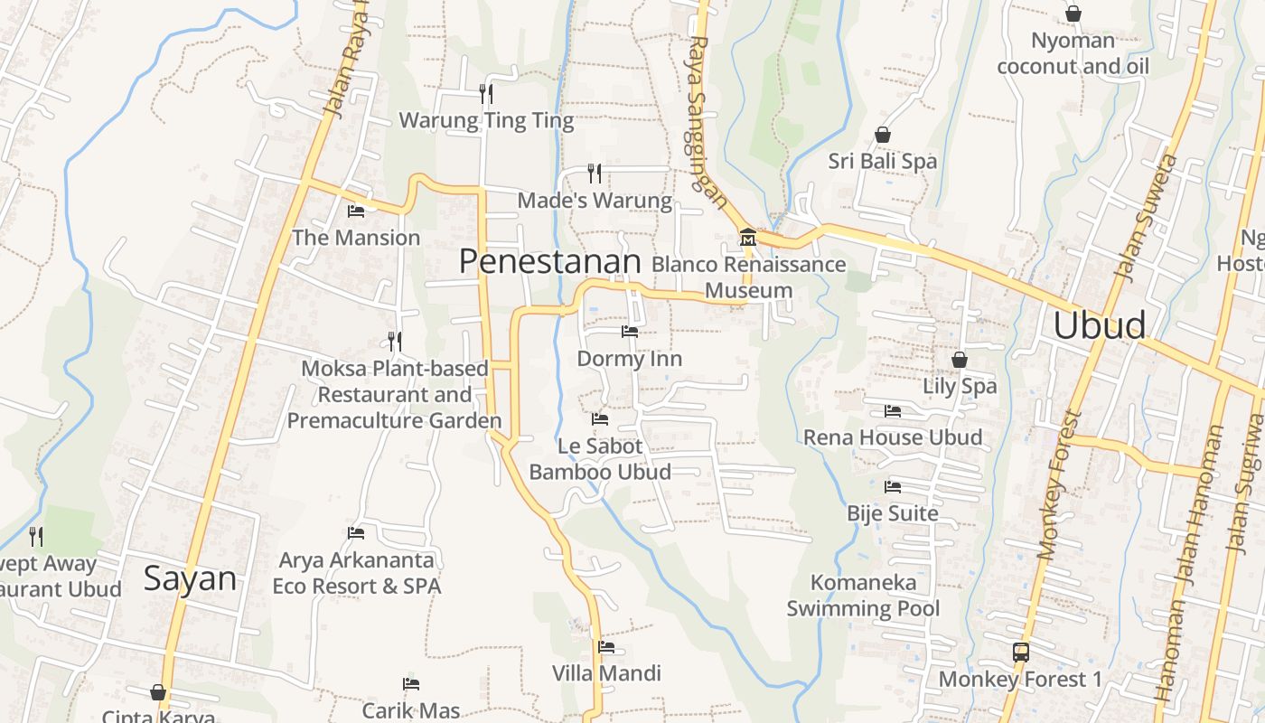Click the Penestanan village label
coord(549,262)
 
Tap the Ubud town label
coord(1100,325)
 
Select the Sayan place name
coord(190,578)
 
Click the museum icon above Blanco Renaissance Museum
coord(748,239)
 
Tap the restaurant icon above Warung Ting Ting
coord(486,93)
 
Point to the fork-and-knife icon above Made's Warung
coord(595,173)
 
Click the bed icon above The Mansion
coord(356,211)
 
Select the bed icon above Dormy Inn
coord(630,332)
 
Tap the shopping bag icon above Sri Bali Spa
coord(883,136)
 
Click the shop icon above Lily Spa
coord(960,360)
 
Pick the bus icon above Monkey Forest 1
coord(1021,652)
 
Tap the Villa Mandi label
coord(606,673)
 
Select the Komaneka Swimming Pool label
coord(863,595)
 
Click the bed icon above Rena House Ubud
coord(893,411)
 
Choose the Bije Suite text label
coord(893,513)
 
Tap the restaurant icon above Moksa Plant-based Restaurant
coord(394,342)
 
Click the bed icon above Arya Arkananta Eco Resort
coord(356,533)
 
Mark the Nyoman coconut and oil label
coord(1073,53)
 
